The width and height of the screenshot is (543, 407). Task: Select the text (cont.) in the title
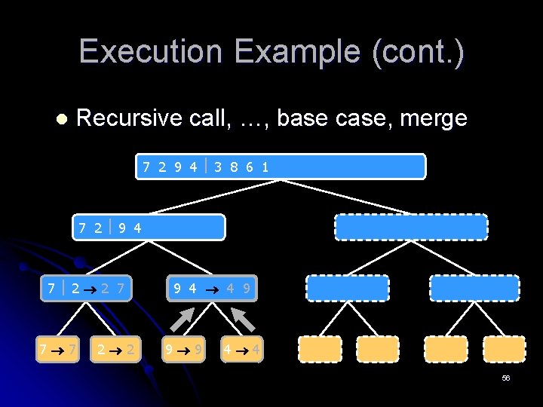422,51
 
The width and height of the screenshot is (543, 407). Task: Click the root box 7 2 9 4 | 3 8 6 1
281,167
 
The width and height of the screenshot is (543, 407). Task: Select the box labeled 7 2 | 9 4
149,227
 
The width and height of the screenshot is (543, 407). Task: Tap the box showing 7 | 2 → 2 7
87,288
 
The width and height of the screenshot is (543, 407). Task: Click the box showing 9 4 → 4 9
212,288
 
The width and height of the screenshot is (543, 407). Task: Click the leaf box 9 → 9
184,349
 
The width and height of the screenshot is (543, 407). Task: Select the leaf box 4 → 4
242,349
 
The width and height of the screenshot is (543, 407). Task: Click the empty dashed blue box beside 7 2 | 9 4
411,227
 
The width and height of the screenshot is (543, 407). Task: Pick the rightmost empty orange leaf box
504,349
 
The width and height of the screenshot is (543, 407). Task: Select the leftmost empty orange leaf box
320,349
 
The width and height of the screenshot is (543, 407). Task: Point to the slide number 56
505,378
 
